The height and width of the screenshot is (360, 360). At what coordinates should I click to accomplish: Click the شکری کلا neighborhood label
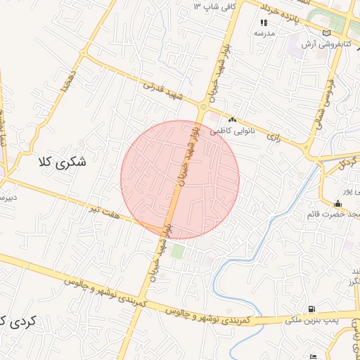(x=62, y=162)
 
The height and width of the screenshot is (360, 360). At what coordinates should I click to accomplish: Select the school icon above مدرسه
(x=264, y=22)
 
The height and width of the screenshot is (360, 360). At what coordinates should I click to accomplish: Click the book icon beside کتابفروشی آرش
(x=325, y=32)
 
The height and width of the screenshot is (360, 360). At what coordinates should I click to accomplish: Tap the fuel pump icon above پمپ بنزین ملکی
(x=311, y=309)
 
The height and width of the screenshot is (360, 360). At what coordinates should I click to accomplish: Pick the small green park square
(x=178, y=250)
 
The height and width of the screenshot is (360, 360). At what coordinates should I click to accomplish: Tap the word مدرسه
(x=264, y=33)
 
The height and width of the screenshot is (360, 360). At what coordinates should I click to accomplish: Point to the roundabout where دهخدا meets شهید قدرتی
(x=84, y=53)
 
